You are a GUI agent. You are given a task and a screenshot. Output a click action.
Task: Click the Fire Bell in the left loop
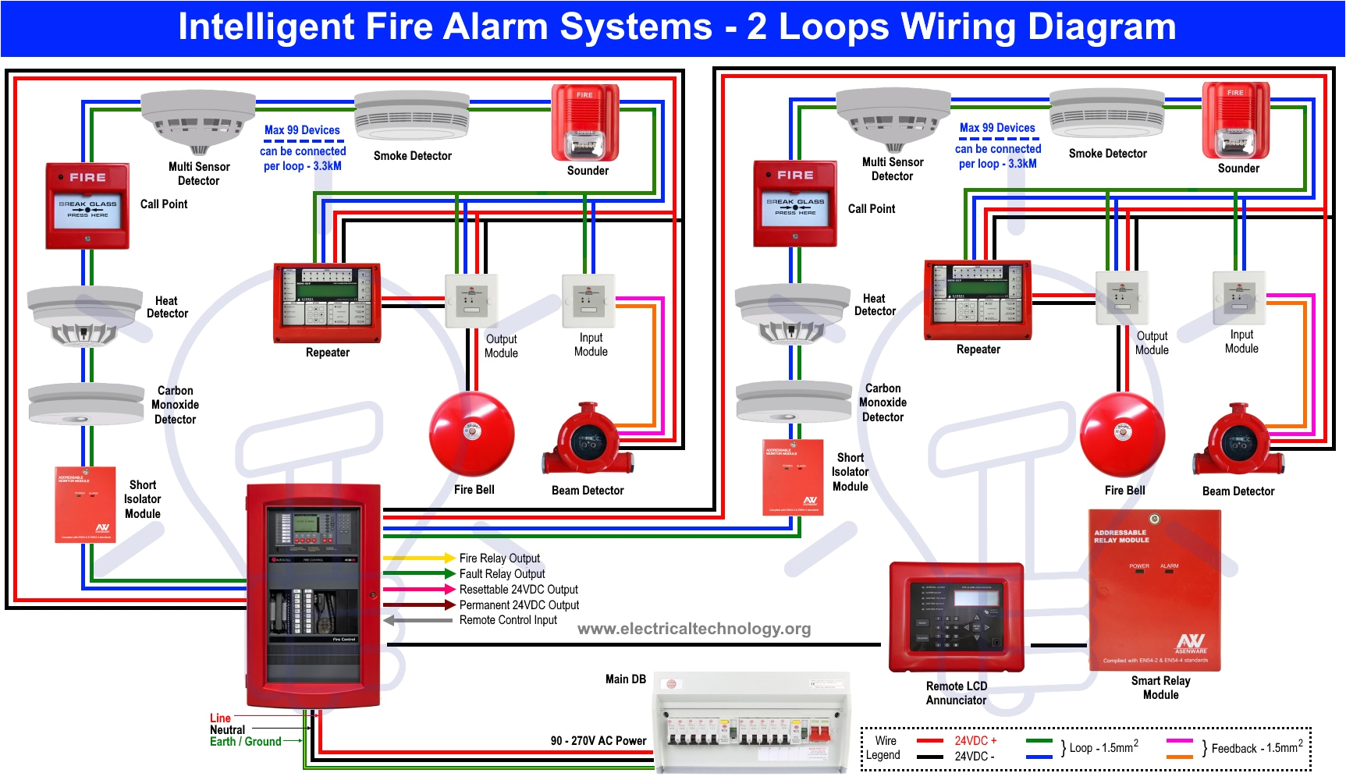click(471, 434)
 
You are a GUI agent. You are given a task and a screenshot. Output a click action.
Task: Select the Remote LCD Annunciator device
click(956, 617)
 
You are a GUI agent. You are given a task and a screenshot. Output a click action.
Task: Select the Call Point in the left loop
click(87, 206)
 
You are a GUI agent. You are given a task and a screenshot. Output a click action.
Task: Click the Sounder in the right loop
click(1235, 120)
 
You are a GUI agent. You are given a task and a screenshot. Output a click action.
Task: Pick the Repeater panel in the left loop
click(327, 303)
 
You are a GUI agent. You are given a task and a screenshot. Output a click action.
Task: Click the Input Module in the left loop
click(588, 300)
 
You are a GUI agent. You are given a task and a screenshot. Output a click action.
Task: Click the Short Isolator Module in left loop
click(86, 505)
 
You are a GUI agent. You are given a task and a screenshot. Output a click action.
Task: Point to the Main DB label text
click(626, 679)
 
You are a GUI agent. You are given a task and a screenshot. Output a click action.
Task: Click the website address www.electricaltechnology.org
click(694, 629)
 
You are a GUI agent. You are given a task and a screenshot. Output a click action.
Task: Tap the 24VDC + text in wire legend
click(975, 740)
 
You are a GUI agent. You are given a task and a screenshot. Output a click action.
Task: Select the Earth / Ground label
click(245, 742)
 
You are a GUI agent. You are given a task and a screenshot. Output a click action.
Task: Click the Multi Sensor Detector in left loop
click(198, 121)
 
